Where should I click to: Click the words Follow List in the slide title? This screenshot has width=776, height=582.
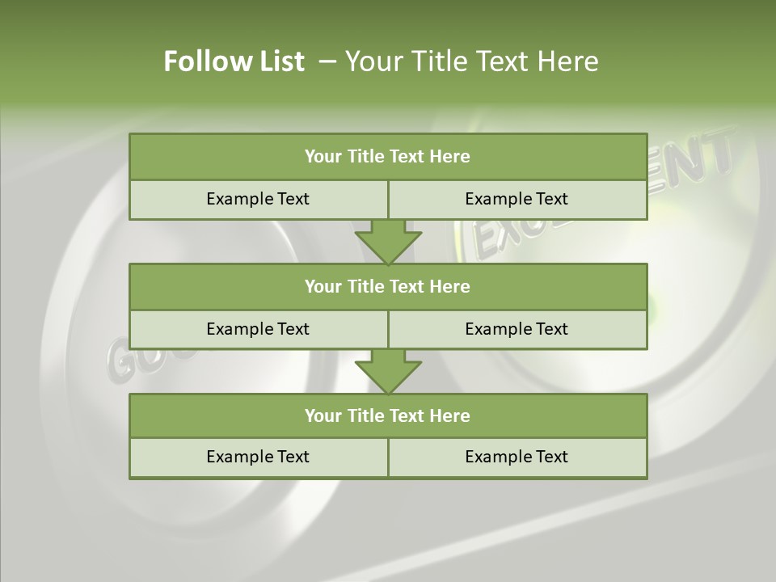click(x=234, y=61)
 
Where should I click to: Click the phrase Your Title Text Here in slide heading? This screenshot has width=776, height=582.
click(x=472, y=61)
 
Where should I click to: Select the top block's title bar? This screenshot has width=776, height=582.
click(x=388, y=157)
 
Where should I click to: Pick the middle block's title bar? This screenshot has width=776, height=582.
click(x=388, y=286)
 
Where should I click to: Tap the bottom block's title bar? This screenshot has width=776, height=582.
click(x=388, y=415)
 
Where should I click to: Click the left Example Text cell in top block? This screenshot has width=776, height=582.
click(x=258, y=199)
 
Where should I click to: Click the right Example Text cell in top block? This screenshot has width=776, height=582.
click(x=517, y=199)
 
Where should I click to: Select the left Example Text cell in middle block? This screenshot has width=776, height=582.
click(x=258, y=329)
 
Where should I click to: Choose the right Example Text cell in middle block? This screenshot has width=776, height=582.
click(x=517, y=329)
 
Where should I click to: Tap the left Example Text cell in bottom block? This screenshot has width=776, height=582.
click(x=258, y=457)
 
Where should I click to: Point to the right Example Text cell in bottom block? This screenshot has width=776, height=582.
click(x=517, y=457)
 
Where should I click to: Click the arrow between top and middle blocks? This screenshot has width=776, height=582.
click(x=388, y=242)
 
